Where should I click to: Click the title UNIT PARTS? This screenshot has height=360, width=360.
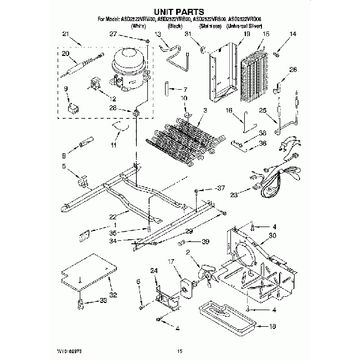[x=179, y=11]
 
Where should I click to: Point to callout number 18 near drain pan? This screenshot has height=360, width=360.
[x=272, y=327]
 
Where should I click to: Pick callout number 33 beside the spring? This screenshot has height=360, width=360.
[x=103, y=301]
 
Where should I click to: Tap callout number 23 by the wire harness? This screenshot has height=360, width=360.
[x=233, y=194]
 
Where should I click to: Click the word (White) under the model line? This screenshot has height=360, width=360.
[x=138, y=26]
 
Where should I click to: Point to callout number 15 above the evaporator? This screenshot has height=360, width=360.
[x=266, y=34]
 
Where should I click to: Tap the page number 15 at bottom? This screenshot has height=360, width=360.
[x=179, y=351]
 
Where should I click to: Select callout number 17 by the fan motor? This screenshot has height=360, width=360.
[x=171, y=261]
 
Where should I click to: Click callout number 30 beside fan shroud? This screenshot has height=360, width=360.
[x=272, y=235]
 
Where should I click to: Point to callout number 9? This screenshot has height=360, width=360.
[x=66, y=89]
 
